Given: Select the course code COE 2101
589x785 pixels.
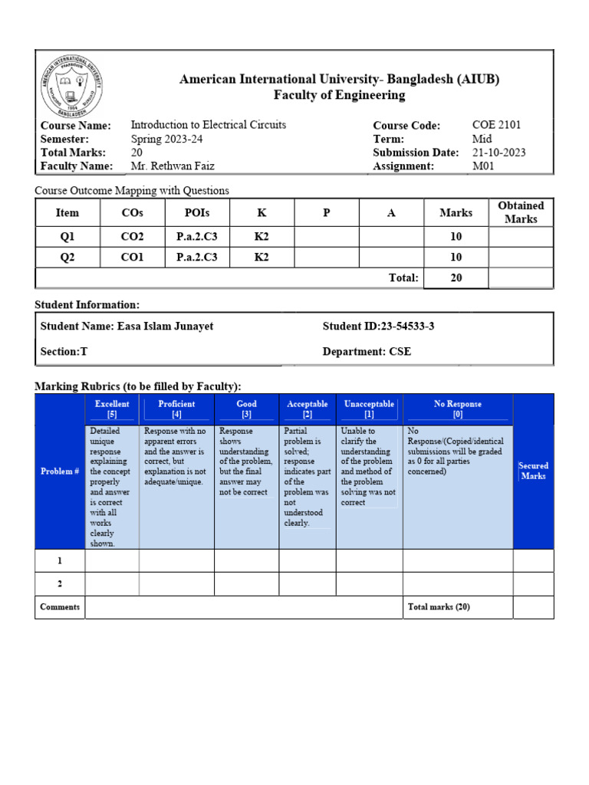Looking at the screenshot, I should [497, 125].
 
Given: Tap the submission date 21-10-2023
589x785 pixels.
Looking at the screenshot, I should [499, 153].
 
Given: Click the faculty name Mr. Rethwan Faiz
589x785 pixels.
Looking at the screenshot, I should [173, 166].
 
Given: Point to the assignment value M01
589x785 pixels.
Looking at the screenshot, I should [485, 166].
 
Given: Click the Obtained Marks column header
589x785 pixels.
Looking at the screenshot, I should [521, 212].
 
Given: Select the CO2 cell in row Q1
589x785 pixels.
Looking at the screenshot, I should [132, 237].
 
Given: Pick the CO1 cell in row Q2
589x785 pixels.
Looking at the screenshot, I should [132, 258].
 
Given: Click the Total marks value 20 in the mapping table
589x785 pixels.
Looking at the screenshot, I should [456, 278].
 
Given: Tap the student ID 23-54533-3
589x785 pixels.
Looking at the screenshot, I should [378, 327].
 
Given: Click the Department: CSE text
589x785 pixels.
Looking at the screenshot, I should [367, 351].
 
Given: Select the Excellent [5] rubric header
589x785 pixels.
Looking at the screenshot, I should [112, 409].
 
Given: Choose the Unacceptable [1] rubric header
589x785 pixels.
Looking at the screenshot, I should [369, 409].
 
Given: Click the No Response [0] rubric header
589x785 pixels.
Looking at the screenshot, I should [458, 409].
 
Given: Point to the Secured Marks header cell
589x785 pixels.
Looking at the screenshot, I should [533, 471].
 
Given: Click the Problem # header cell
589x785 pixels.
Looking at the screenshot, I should [60, 471].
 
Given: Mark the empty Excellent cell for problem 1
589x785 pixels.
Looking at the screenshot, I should [112, 561].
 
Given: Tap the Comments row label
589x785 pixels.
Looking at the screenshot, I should [60, 607].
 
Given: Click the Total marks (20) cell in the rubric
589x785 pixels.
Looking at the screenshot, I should [439, 607].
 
